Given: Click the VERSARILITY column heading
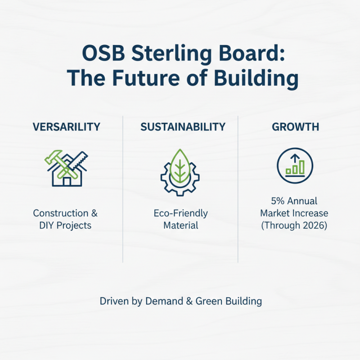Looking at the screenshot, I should point(67,127).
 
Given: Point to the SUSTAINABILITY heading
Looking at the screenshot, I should point(183,127).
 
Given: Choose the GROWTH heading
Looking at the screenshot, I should point(295,127).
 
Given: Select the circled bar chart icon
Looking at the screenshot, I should point(295,166).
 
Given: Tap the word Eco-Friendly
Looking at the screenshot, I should point(180,213).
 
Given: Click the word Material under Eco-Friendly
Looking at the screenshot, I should point(180,225).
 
